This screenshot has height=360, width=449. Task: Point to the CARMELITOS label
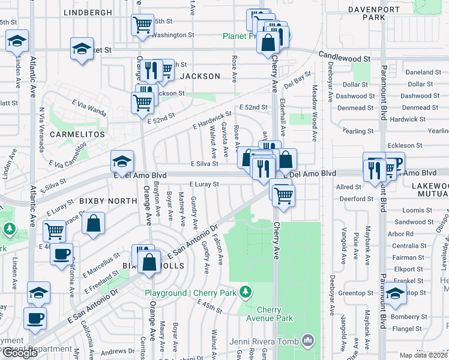tap(77, 134)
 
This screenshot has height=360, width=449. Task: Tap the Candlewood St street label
tap(345, 58)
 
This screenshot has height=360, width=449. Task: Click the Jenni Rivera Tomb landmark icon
tap(309, 341)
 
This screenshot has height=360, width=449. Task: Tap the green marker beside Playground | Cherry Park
tap(245, 292)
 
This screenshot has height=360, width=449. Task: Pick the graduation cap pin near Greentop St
tap(396, 293)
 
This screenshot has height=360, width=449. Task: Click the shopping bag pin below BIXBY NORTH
tap(95, 224)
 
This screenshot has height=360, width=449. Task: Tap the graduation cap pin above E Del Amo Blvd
tap(122, 161)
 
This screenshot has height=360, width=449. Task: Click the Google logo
tap(20, 353)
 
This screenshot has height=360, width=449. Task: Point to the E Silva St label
tap(204, 164)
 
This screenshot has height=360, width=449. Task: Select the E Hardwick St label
tap(212, 119)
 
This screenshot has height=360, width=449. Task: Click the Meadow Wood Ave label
tap(313, 113)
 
